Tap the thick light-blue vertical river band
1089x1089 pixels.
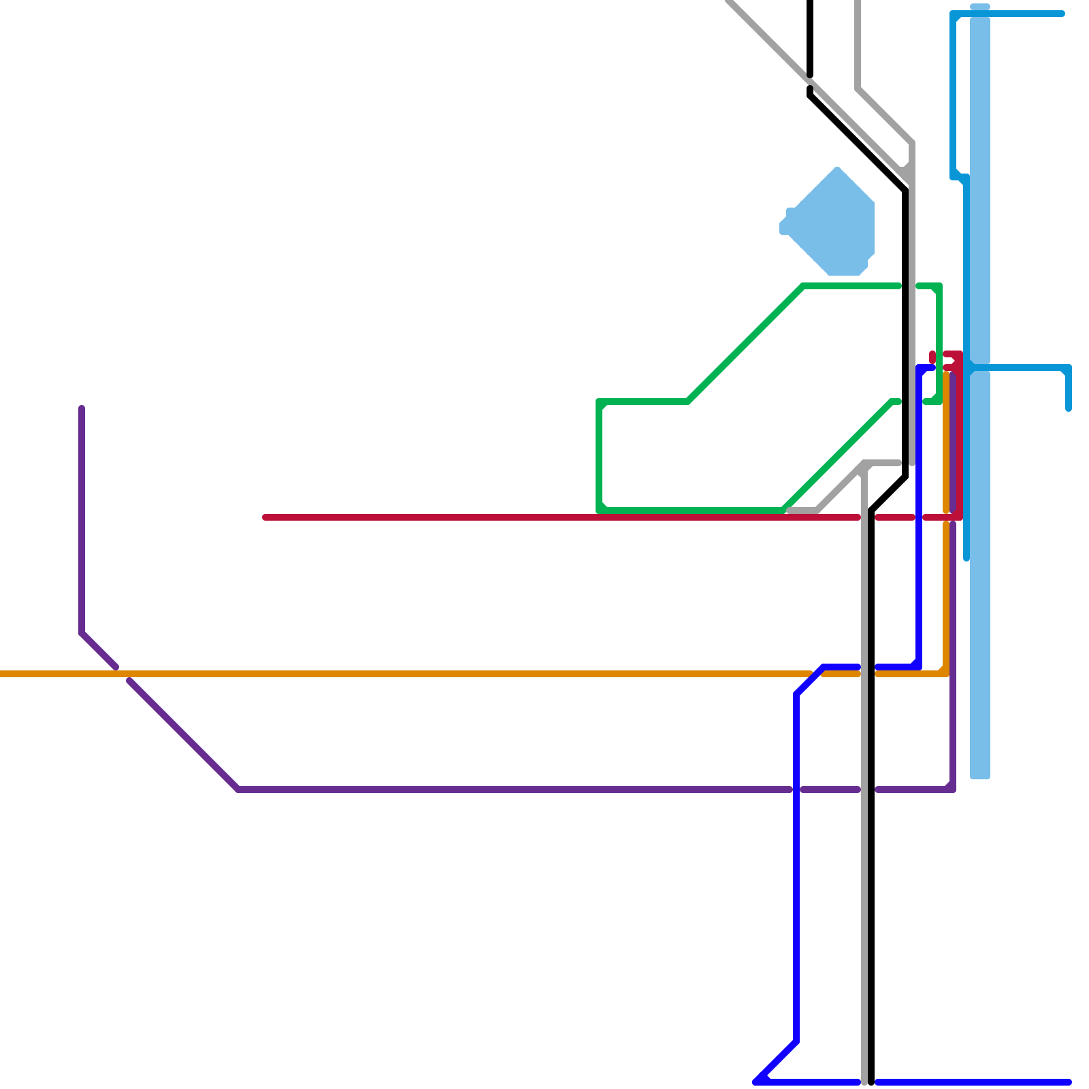coord(980,544)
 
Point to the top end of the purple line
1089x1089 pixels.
coord(82,408)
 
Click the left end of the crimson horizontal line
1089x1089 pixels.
coord(265,517)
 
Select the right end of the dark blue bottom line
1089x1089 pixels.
coord(1069,1082)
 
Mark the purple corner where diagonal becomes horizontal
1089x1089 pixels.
coord(238,790)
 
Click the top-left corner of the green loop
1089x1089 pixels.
coord(599,402)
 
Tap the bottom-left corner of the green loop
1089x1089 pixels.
coord(599,510)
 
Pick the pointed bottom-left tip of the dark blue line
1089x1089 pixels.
coord(755,1082)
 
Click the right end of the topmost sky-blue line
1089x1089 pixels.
coord(1062,14)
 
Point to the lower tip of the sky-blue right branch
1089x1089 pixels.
coord(1069,408)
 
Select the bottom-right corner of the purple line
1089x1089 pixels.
coord(953,790)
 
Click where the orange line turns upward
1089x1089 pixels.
coord(946,674)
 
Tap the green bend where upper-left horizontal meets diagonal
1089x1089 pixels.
coord(687,402)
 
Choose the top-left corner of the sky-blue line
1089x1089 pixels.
coord(953,14)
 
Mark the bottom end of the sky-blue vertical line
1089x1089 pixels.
coord(966,558)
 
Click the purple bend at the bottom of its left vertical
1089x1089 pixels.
coord(82,633)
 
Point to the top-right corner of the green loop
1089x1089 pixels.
coord(939,286)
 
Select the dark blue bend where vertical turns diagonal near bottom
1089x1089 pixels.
coord(796,1041)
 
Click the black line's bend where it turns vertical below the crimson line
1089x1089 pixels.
coord(871,510)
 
